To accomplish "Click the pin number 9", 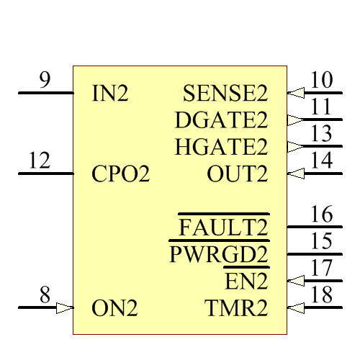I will point(45,80).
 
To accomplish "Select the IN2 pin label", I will point(110,94).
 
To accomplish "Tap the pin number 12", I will point(40,161).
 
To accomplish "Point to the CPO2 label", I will point(121,174).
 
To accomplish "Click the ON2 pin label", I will point(114,308).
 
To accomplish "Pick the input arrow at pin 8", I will point(65,308).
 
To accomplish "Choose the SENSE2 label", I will point(225,94).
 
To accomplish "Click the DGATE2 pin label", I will point(220,120).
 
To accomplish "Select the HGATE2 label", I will point(220,147).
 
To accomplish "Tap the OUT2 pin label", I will point(237,174).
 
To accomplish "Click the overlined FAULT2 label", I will point(223,228).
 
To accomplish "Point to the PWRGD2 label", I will point(218,255).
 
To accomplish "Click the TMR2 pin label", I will point(236,308).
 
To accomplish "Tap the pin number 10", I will point(321,80).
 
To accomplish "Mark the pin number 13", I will point(321,134).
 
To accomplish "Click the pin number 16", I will point(321,214).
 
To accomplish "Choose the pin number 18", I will point(321,295).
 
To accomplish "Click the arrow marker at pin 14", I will point(295,174).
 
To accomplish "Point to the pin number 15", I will point(321,241).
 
